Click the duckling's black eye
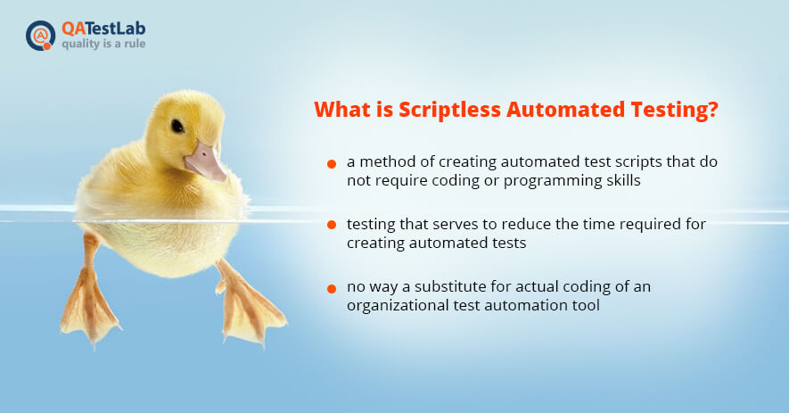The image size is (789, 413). click(177, 126)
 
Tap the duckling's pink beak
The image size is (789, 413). click(206, 162)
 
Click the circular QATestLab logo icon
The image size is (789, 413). click(40, 36)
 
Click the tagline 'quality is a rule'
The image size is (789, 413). click(103, 44)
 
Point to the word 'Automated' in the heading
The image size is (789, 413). click(565, 110)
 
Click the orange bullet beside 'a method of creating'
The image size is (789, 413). click(331, 164)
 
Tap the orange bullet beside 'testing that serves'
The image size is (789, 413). click(331, 225)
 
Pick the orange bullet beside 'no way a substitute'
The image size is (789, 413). click(331, 289)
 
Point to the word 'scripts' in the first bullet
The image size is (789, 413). click(636, 162)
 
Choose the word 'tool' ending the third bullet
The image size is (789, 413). click(586, 305)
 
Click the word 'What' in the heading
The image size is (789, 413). click(342, 110)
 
